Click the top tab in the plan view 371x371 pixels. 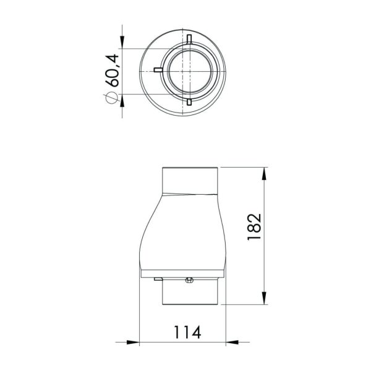click(187, 38)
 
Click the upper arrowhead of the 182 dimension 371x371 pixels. click(266, 174)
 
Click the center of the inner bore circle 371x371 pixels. click(187, 69)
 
